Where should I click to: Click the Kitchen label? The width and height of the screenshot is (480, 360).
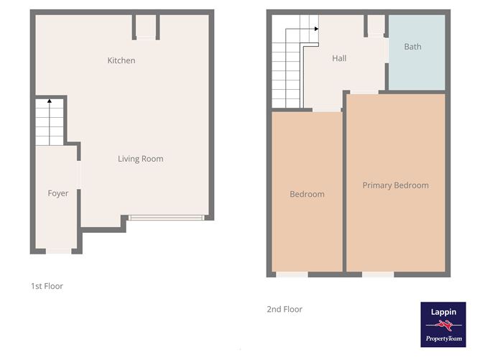121,60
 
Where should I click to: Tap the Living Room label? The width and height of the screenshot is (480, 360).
140,159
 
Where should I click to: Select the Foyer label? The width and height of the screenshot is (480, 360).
58,193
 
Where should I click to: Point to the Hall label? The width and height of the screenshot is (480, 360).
339,58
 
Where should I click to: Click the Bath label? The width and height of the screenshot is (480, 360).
412,47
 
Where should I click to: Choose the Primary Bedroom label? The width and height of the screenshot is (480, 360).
395,185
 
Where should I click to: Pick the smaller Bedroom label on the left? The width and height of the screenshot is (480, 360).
307,194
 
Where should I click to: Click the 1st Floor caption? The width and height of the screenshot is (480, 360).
47,286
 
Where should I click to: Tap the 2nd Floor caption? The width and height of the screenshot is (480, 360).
285,309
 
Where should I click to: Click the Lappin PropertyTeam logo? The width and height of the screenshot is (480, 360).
443,324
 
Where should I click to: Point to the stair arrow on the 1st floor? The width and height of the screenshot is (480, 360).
49,101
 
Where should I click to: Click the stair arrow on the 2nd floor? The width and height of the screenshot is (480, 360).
315,28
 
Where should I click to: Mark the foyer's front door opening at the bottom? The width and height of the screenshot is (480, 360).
58,251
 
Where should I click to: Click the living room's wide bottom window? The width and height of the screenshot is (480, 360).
167,217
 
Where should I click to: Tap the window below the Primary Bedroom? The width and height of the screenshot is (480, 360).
377,274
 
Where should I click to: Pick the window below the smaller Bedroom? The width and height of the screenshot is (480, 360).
292,274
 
